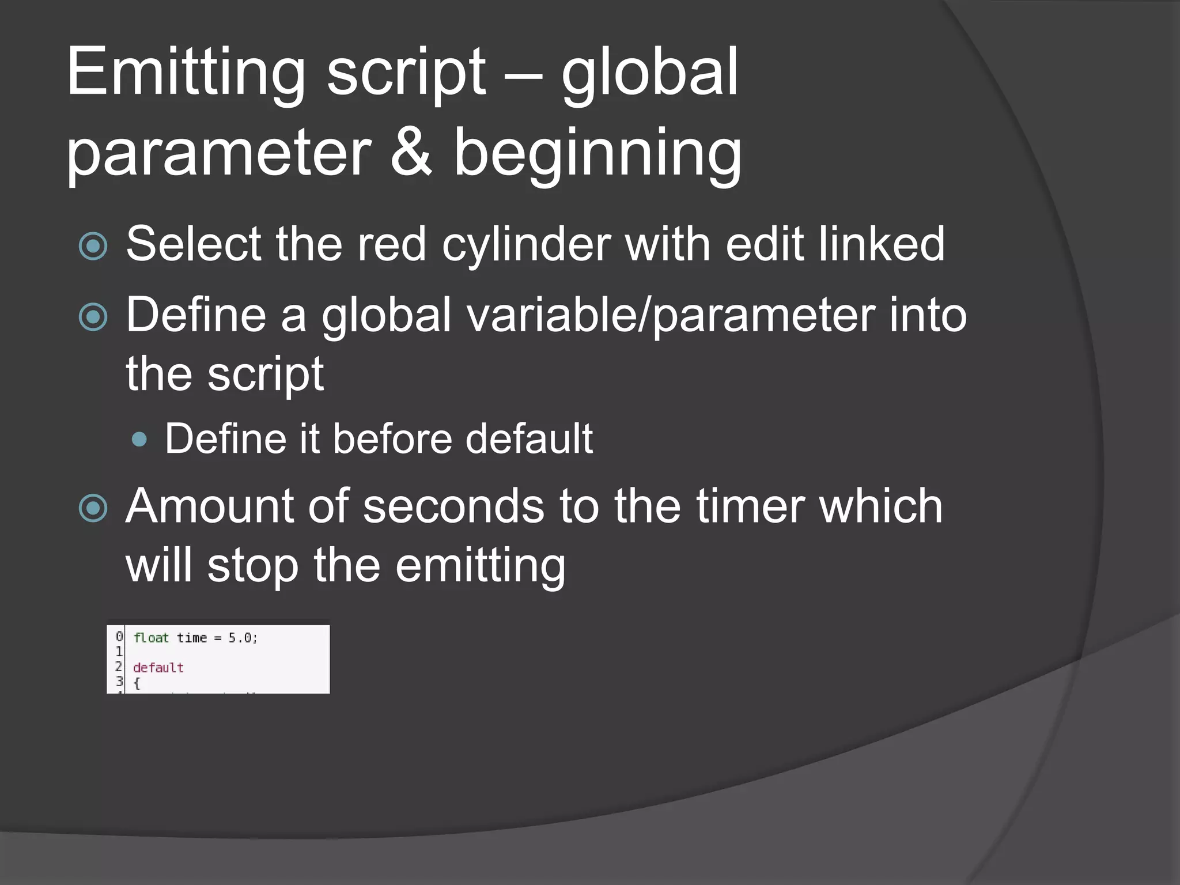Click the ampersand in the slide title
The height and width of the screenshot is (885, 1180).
click(411, 153)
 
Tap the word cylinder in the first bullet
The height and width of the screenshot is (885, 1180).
click(526, 245)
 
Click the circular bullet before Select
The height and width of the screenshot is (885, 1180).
click(93, 247)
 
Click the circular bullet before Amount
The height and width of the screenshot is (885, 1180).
click(93, 508)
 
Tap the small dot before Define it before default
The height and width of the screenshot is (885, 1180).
click(139, 440)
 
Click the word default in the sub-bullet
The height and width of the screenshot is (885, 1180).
click(528, 439)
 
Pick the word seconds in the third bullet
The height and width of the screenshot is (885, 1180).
click(453, 507)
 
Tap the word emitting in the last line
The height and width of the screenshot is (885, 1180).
click(480, 566)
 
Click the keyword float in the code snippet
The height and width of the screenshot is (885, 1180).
click(151, 638)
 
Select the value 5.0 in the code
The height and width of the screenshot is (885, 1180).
click(240, 638)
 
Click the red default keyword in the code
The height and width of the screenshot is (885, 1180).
click(158, 668)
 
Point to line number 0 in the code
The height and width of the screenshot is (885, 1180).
click(119, 637)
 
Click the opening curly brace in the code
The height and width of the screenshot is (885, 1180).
click(137, 683)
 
